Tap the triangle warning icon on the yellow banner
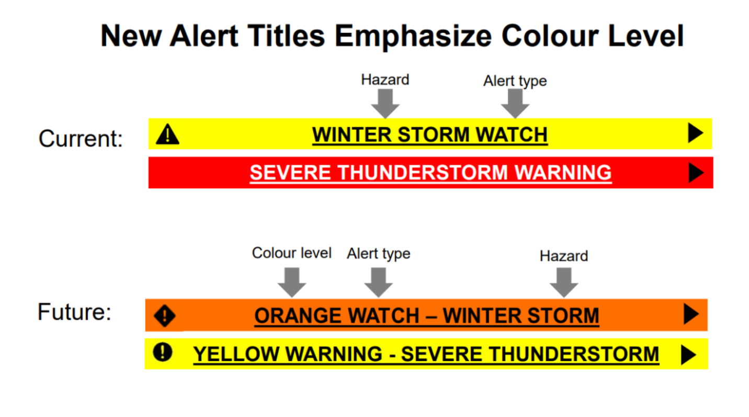(x=167, y=134)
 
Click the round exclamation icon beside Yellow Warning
(x=163, y=353)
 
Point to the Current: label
(x=81, y=139)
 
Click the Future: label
(x=74, y=312)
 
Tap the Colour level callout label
(x=291, y=253)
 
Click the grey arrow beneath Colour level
(x=291, y=281)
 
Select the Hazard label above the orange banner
(x=563, y=256)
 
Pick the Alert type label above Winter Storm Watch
(x=515, y=81)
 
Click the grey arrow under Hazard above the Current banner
(x=385, y=103)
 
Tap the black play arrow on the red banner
(x=695, y=172)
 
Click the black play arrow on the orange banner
(x=691, y=314)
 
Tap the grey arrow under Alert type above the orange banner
(x=378, y=281)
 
